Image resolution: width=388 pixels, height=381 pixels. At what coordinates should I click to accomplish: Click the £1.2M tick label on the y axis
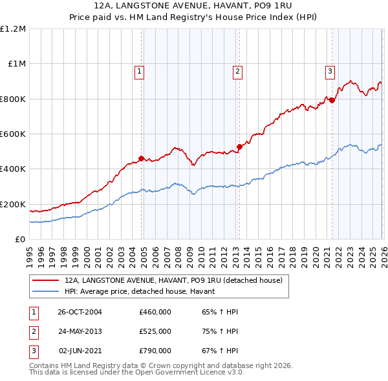click(13, 29)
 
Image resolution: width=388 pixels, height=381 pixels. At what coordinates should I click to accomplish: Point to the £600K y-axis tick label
click(13, 134)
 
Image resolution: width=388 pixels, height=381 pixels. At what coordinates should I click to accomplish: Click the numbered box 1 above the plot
click(140, 72)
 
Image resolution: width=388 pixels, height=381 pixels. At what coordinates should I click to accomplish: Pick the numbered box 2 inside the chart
click(237, 72)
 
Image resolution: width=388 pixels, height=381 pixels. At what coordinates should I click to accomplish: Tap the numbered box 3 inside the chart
click(330, 72)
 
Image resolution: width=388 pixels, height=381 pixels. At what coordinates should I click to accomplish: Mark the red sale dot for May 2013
click(239, 147)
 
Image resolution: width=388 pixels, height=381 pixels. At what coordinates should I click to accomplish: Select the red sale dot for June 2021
click(332, 100)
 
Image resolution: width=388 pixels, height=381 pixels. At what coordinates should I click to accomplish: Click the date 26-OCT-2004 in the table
click(80, 312)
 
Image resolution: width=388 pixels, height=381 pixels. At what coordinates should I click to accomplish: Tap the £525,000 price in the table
click(155, 331)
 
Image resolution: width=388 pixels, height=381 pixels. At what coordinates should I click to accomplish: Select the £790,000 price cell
click(155, 351)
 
